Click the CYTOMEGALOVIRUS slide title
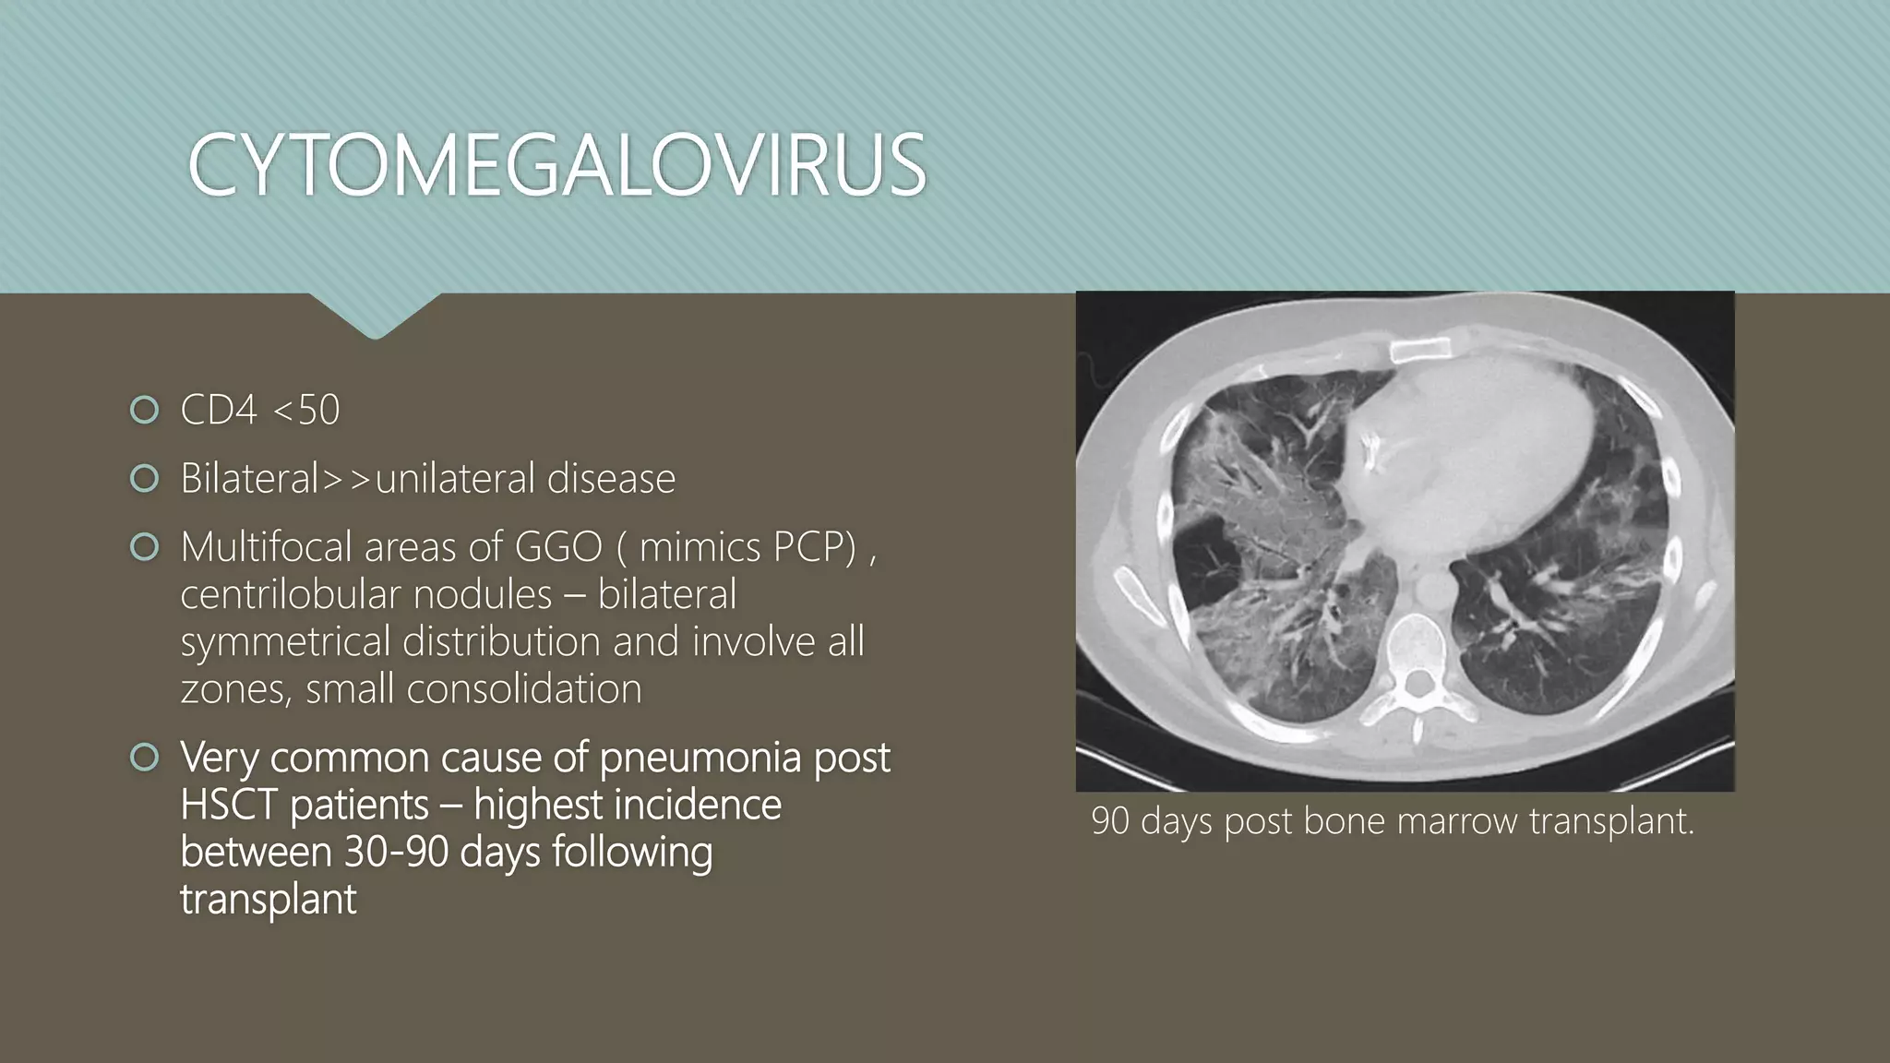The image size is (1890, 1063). [556, 166]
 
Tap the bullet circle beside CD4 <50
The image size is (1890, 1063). [145, 410]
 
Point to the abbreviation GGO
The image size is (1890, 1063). [557, 547]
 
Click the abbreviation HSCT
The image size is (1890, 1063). [229, 805]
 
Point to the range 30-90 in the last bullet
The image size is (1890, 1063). [396, 852]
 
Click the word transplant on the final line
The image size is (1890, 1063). [268, 900]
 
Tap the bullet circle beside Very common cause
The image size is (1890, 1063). [145, 758]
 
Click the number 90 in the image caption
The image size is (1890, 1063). [1110, 821]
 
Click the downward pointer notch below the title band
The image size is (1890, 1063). [375, 318]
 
